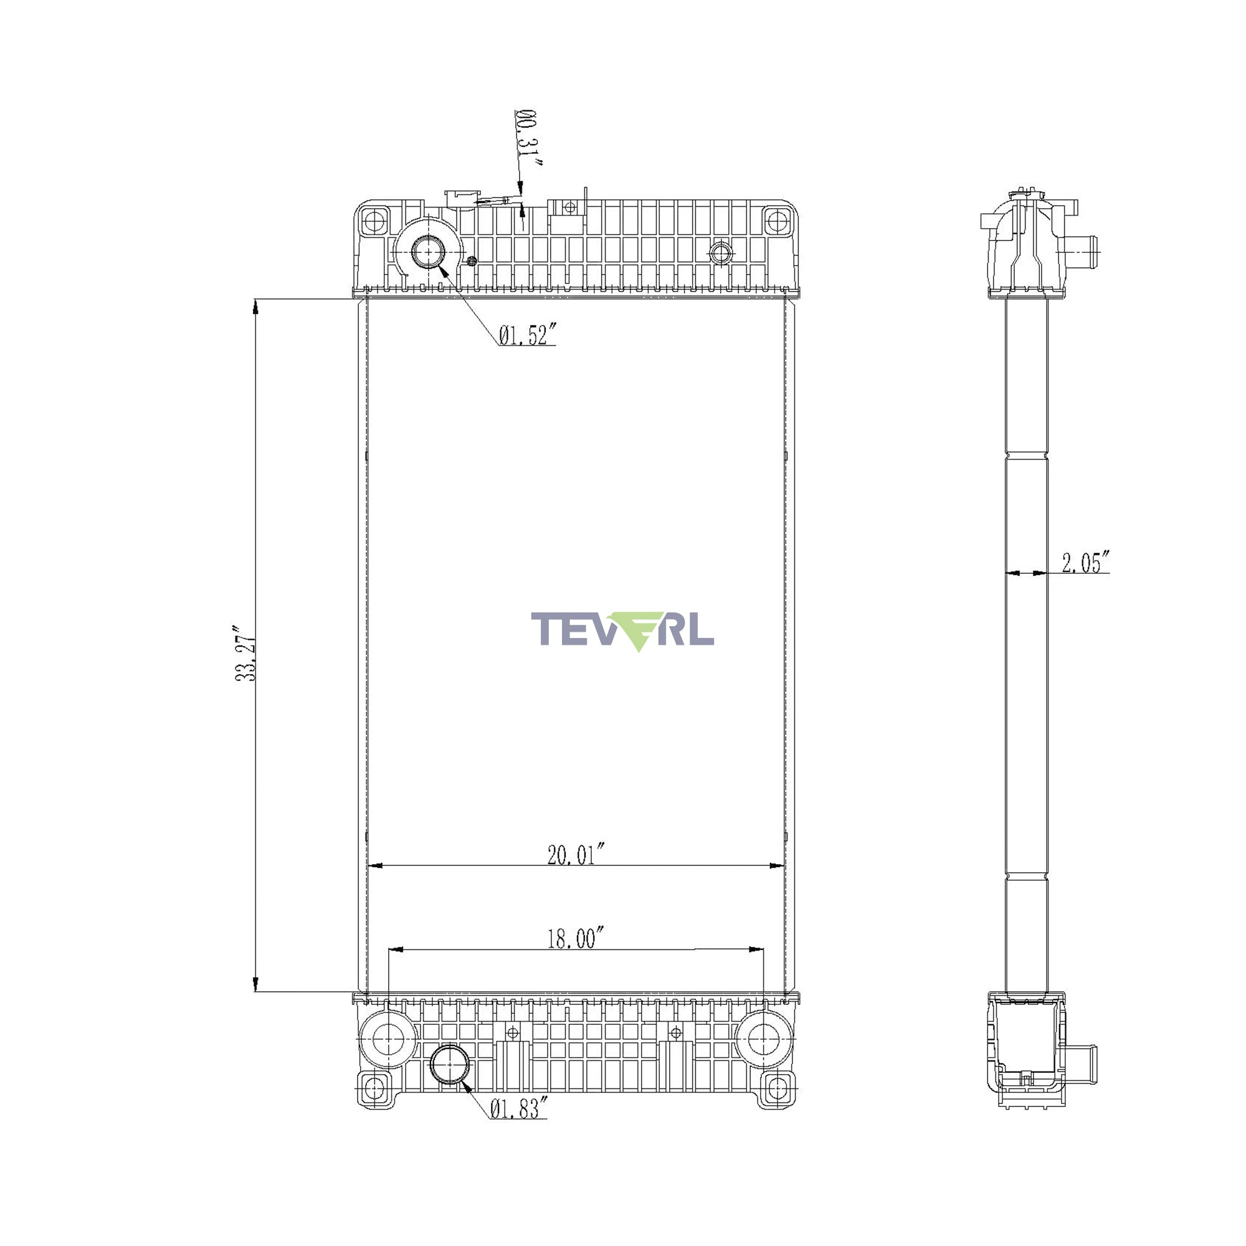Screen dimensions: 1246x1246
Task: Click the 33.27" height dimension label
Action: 245,652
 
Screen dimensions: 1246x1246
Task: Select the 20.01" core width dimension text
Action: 576,855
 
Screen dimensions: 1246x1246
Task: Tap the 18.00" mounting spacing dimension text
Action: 576,938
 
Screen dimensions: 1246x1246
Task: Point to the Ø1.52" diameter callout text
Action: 527,335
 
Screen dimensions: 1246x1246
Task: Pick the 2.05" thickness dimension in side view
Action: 1085,563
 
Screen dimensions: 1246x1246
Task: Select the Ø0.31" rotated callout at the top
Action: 528,137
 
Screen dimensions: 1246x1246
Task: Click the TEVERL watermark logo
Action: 622,631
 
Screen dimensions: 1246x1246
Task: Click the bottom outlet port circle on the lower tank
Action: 450,1065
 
